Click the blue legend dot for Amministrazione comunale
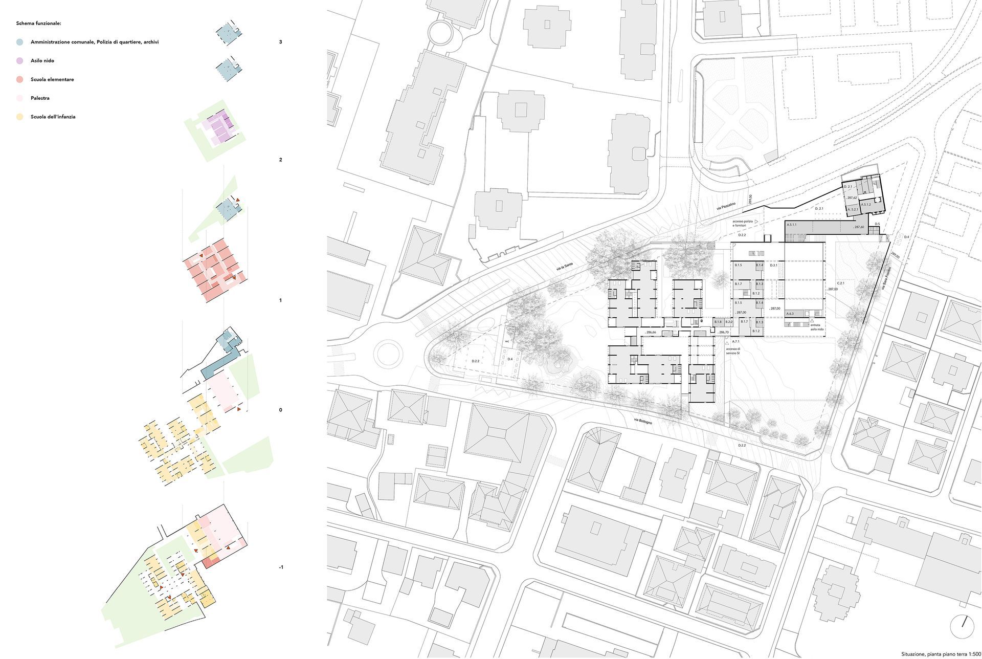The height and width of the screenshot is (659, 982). point(19,42)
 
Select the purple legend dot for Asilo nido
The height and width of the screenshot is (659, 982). point(19,61)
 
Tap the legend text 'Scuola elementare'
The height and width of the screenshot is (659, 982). point(52,80)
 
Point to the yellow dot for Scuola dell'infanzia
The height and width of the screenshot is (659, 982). point(19,117)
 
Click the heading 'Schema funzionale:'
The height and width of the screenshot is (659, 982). point(39,24)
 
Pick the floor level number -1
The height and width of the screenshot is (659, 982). point(281,567)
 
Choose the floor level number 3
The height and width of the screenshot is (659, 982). point(281,42)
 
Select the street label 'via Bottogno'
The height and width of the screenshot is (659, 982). point(643,422)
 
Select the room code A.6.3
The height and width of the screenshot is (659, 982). point(790,314)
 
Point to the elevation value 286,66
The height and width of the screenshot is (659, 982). point(650,333)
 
